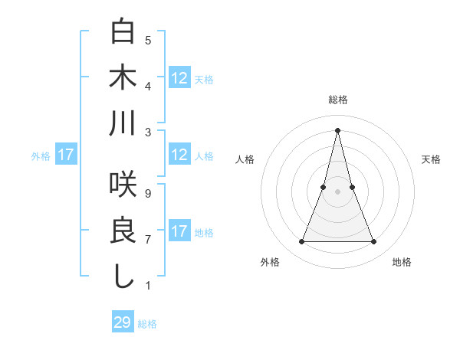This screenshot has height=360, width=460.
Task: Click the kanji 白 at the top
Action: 123,32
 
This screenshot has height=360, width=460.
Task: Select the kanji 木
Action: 123,77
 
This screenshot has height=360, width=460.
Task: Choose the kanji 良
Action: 123,230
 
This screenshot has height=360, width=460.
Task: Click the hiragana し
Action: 123,275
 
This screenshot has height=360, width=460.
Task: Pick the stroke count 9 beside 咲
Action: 148,194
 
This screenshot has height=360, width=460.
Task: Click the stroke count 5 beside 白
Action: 148,41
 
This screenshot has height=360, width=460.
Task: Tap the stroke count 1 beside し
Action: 148,286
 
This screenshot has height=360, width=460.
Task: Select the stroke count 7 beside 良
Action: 148,240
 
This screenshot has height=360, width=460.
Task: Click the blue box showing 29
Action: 123,322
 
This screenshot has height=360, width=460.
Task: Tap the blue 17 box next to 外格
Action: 66,155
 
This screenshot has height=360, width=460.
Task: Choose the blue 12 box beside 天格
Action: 179,78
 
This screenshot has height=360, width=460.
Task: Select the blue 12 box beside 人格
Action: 179,155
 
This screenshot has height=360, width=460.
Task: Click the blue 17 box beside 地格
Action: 179,231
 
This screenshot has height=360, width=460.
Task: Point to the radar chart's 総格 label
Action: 338,100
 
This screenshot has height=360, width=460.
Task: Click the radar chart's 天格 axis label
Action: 432,159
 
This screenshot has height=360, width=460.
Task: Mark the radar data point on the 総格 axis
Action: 338,129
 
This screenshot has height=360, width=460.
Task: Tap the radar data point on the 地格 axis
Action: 374,242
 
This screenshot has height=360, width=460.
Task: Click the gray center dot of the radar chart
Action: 338,191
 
